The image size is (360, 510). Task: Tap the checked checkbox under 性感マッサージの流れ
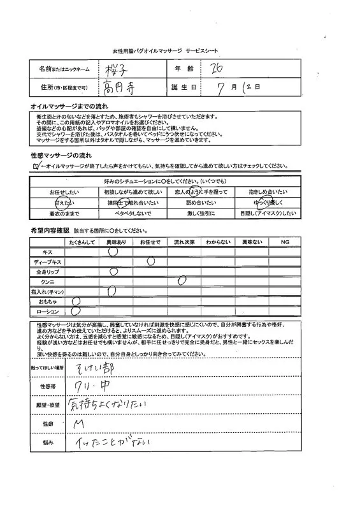[x=36, y=166]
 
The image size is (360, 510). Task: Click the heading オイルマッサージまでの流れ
[x=61, y=104]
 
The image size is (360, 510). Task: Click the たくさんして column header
[x=78, y=243]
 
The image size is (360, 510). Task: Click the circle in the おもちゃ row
[x=75, y=301]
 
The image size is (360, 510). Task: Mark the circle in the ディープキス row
[x=150, y=261]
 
